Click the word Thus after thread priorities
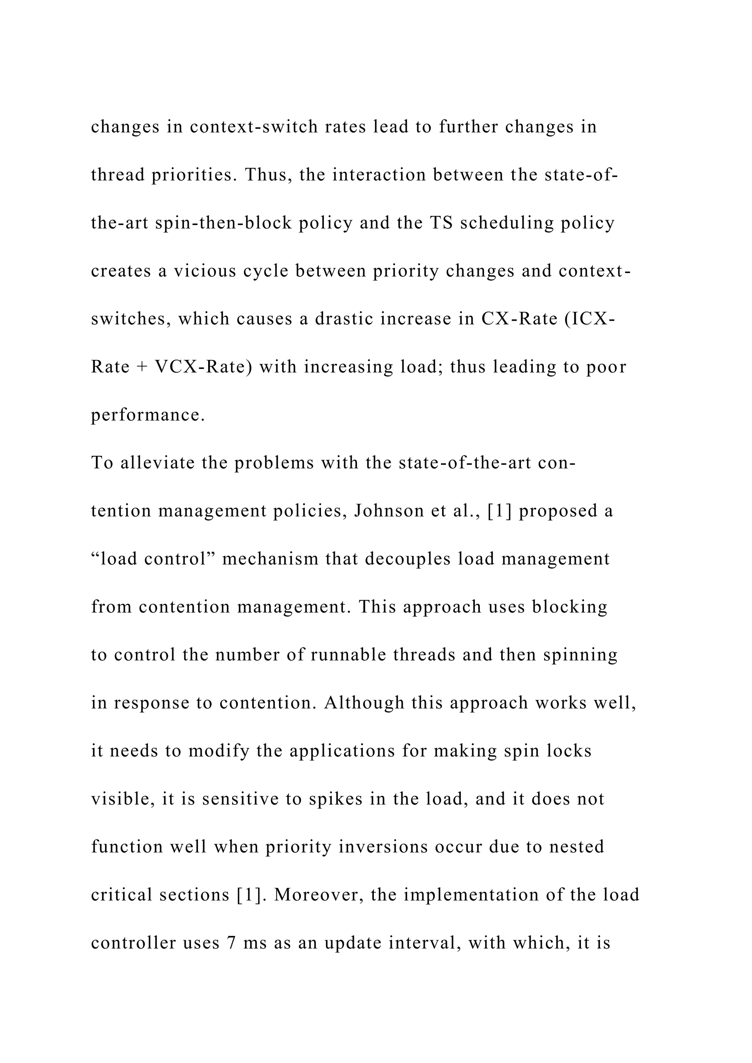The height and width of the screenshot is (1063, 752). pos(268,175)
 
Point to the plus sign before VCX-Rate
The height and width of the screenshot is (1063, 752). pos(142,367)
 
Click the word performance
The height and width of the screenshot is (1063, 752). pos(148,415)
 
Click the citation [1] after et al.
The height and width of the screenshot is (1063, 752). pos(500,511)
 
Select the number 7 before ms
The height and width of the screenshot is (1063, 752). pos(232,943)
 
